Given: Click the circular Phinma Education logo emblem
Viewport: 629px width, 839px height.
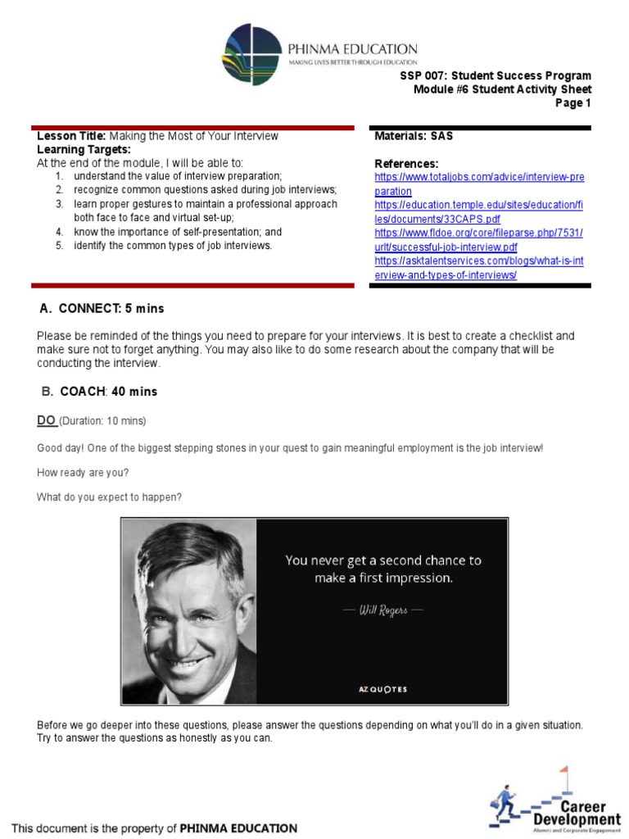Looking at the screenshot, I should tap(251, 55).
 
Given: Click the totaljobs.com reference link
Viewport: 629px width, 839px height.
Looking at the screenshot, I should tap(478, 184).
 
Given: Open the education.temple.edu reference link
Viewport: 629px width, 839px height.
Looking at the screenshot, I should tap(478, 211).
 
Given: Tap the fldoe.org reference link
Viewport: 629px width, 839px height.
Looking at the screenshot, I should tap(478, 239).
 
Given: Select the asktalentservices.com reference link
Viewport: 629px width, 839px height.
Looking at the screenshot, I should tap(478, 267).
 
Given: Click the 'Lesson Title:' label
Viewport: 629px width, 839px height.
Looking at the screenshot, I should tap(71, 136).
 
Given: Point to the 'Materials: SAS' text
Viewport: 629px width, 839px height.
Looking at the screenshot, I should tap(414, 136).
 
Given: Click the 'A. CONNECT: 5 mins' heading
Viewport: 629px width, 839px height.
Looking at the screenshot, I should tap(102, 308).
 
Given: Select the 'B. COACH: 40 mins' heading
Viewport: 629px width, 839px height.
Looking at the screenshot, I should tap(98, 392).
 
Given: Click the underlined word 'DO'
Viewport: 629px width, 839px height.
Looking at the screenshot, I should tap(46, 420).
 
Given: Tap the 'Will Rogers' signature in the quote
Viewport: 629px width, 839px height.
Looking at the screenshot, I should tap(382, 610).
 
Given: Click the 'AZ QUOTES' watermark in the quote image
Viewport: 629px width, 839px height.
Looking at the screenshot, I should tap(382, 689).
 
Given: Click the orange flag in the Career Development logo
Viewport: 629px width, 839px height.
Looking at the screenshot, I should tap(563, 771).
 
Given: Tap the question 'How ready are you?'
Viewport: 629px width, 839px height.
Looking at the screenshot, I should tap(83, 472).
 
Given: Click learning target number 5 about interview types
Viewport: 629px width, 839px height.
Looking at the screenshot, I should tap(172, 246).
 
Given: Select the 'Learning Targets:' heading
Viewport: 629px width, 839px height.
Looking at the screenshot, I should tap(84, 150).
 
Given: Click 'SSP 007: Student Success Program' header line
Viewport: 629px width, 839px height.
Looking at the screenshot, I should tap(495, 75).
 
